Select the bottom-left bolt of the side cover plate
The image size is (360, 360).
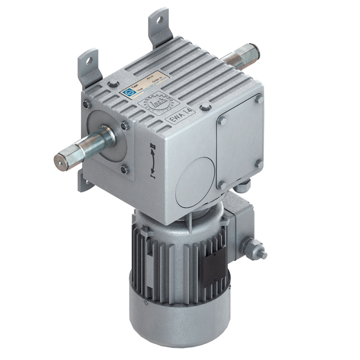click(x=222, y=186)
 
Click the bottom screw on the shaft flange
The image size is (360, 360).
click(x=123, y=168)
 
